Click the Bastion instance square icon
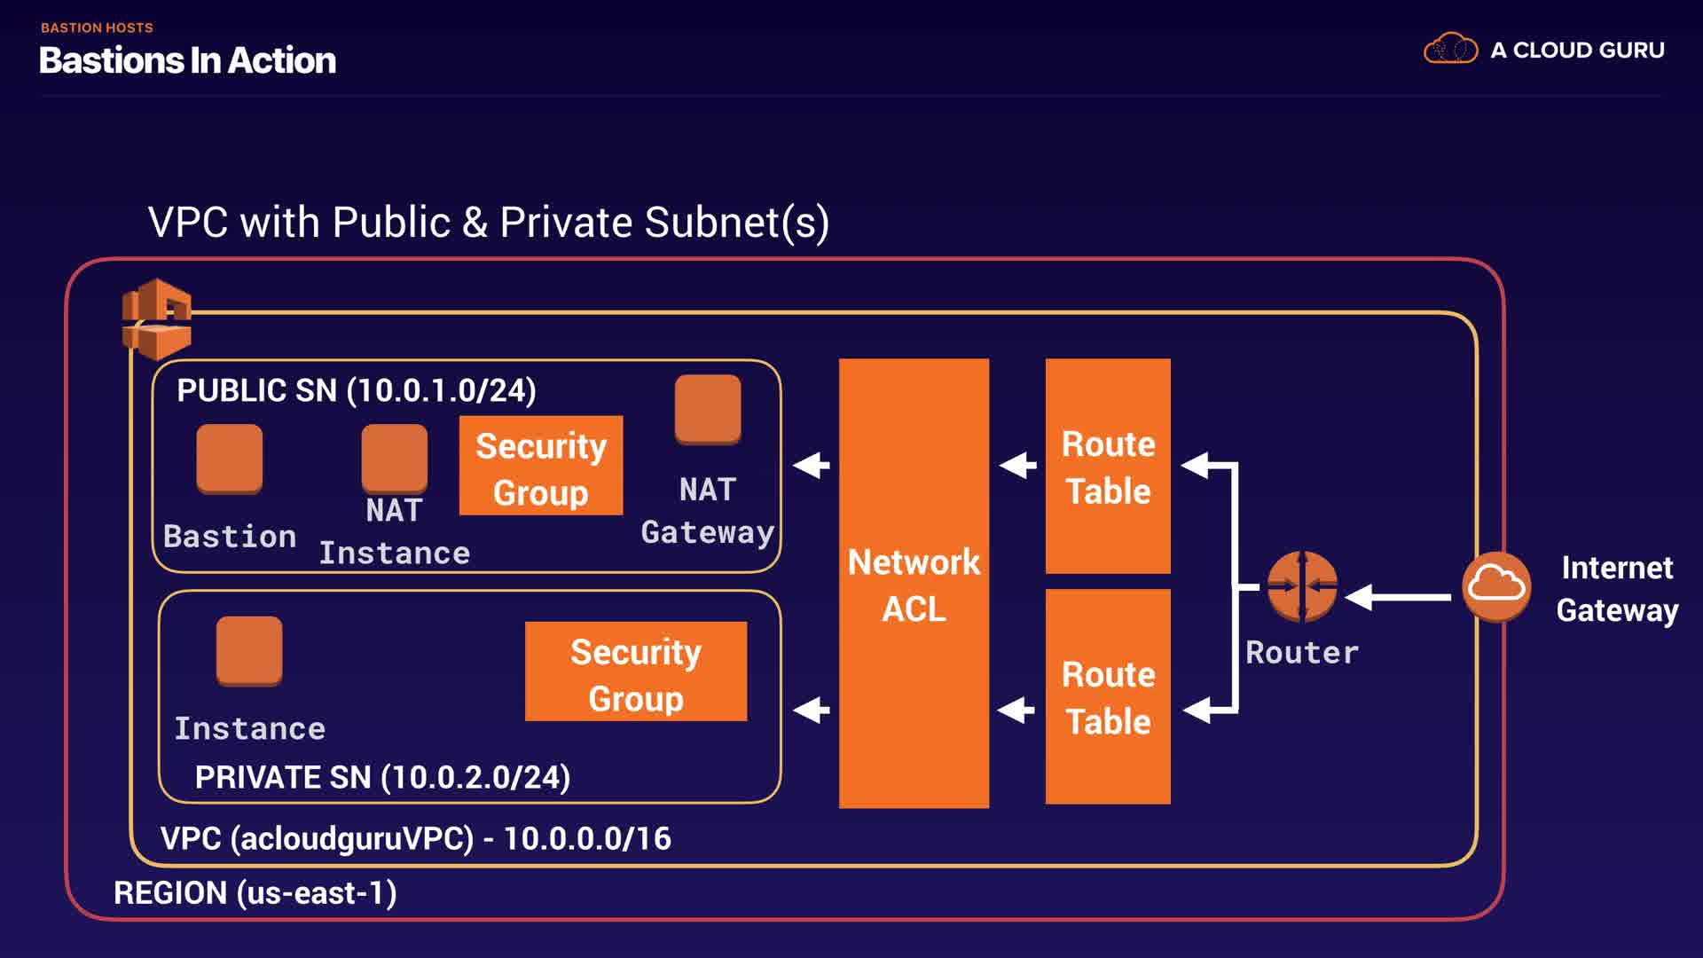(x=229, y=458)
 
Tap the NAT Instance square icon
(x=394, y=458)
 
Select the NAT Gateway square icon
(x=707, y=409)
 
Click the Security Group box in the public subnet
(x=540, y=466)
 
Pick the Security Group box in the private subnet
(x=635, y=671)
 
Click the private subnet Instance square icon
(x=249, y=650)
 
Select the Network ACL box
(x=914, y=583)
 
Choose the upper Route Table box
(x=1108, y=466)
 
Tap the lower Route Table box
(x=1108, y=696)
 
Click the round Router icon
(x=1301, y=585)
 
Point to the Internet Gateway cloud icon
(x=1496, y=585)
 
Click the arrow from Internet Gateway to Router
(x=1399, y=597)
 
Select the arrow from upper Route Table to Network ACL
(x=1017, y=465)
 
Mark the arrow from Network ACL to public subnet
(x=811, y=465)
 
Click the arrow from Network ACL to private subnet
(x=811, y=710)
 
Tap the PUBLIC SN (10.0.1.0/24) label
(x=356, y=390)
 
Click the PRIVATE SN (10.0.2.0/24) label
(x=382, y=777)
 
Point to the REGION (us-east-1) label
(x=255, y=892)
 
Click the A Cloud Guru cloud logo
(x=1450, y=49)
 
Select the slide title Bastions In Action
(x=187, y=60)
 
